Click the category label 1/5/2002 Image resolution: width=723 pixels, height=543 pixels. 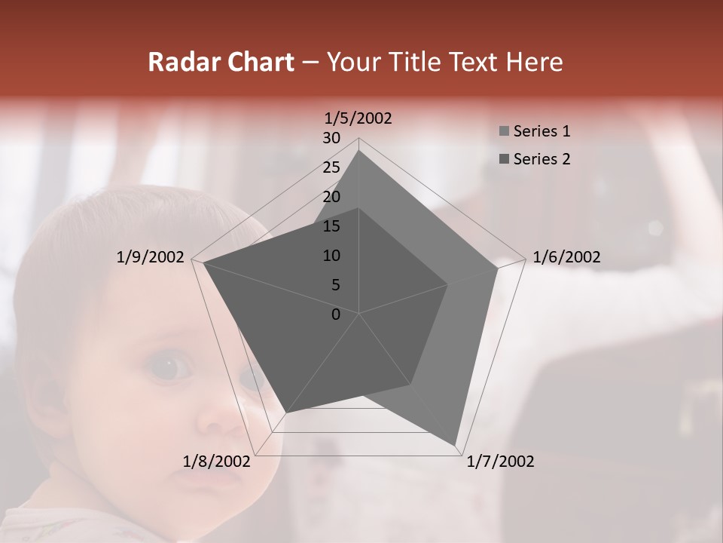click(x=358, y=118)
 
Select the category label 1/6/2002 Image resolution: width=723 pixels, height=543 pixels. click(x=566, y=257)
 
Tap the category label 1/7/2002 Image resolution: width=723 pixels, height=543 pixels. click(x=500, y=462)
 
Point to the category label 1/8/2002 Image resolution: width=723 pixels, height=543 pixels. click(x=217, y=462)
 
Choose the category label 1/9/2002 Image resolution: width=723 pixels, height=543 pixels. click(x=151, y=257)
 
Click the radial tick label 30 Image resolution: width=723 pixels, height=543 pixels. click(x=331, y=138)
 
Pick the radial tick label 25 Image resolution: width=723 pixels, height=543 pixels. click(x=331, y=167)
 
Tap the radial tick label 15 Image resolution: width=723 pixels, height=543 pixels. click(x=331, y=226)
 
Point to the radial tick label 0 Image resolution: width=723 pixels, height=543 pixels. click(x=336, y=314)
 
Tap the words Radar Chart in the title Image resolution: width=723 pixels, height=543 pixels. click(x=221, y=63)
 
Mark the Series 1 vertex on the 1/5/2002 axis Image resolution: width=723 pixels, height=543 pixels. click(x=359, y=150)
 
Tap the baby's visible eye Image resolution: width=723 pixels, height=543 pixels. click(x=169, y=368)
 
